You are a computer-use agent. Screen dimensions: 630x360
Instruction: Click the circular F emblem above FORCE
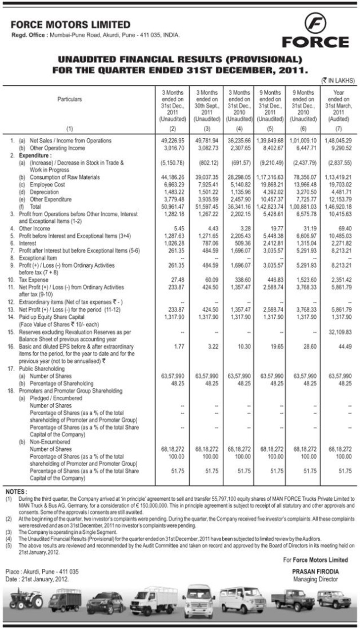pyautogui.click(x=315, y=26)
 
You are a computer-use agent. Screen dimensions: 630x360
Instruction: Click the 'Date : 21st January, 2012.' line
pyautogui.click(x=42, y=579)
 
